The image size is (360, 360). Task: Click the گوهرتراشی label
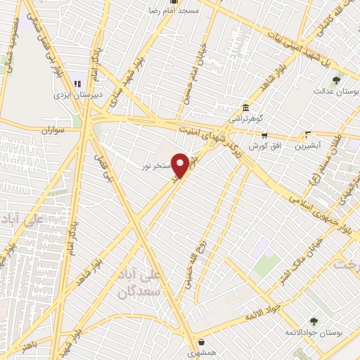pyautogui.click(x=246, y=119)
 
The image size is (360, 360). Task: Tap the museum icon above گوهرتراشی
pyautogui.click(x=245, y=108)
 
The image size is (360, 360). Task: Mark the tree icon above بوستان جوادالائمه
pyautogui.click(x=314, y=321)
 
